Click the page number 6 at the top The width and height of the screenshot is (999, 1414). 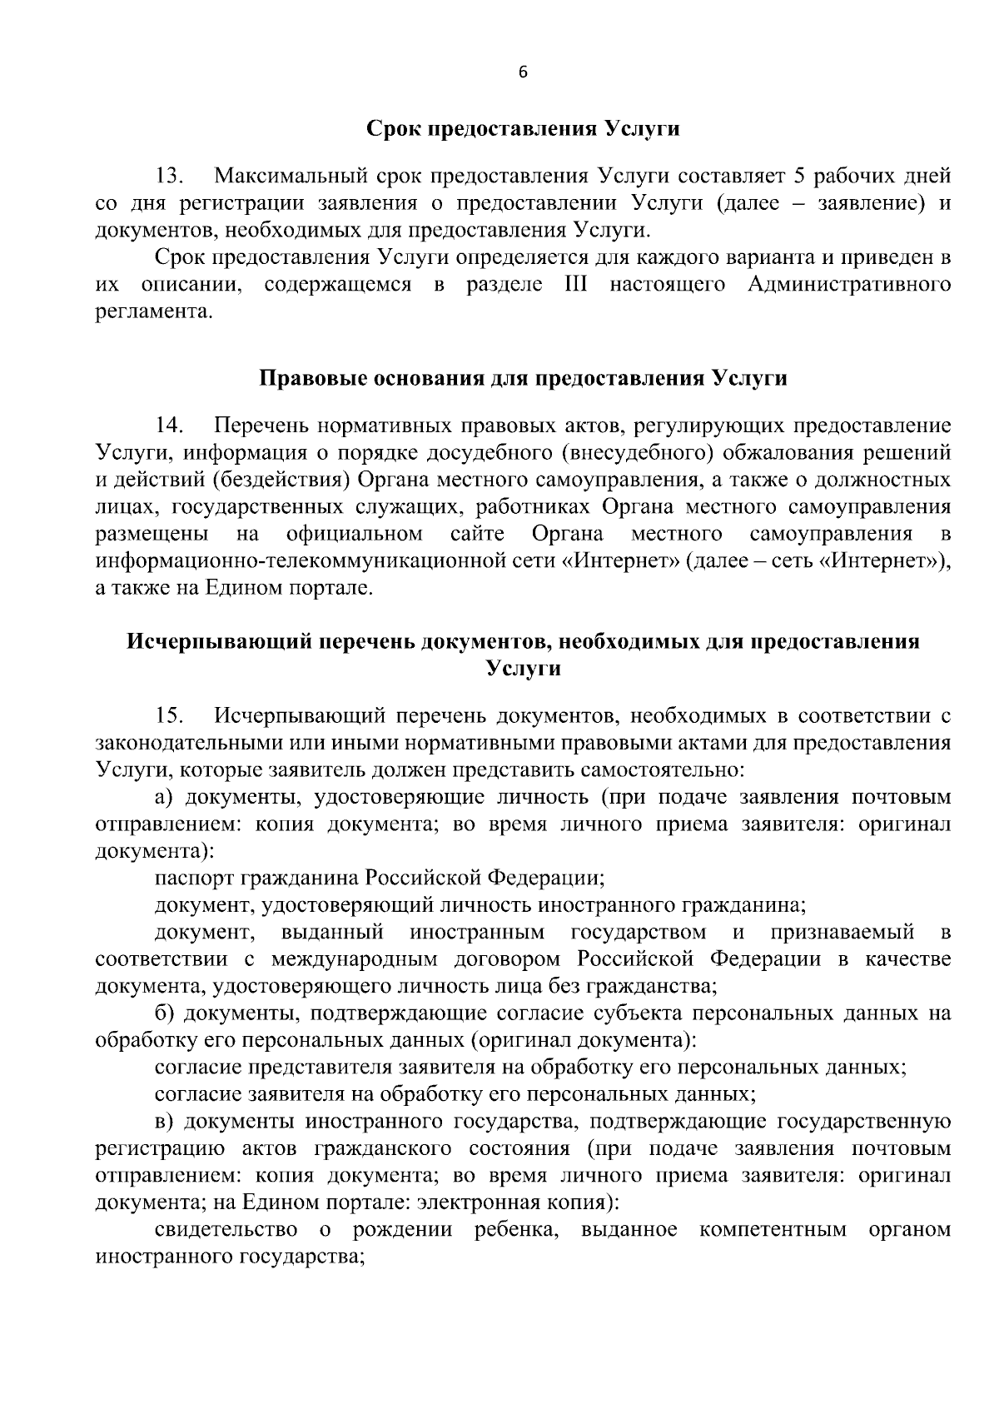[x=523, y=72]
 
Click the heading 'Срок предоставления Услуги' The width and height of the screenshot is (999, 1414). [x=523, y=129]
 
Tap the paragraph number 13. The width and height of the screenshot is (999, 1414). [x=170, y=177]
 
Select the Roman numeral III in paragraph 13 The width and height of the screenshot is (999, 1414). [x=575, y=286]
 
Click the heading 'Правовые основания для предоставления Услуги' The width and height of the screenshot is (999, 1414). [x=523, y=378]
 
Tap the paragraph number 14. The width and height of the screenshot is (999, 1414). [x=170, y=426]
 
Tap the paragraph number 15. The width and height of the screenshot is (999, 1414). [x=170, y=716]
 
